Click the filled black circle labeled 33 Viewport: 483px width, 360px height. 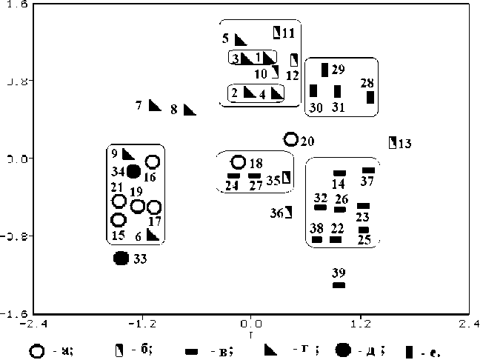click(x=121, y=258)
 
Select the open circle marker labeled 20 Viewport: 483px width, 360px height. click(x=291, y=139)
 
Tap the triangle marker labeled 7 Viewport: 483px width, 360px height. click(x=155, y=105)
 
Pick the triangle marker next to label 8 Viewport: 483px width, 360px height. click(x=190, y=110)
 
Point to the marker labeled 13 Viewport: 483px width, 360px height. click(x=393, y=142)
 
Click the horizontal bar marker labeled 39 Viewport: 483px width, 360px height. click(x=339, y=284)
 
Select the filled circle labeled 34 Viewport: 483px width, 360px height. click(x=133, y=171)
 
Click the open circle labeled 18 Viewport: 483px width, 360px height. click(x=239, y=162)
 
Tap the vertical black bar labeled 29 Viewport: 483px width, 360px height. click(x=324, y=70)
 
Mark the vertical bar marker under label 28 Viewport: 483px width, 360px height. click(x=370, y=97)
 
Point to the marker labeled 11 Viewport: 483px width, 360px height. click(x=278, y=32)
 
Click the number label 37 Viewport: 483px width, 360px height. click(x=367, y=181)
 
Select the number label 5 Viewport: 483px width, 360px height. click(x=225, y=37)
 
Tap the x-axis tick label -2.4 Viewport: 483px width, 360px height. click(x=30, y=324)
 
